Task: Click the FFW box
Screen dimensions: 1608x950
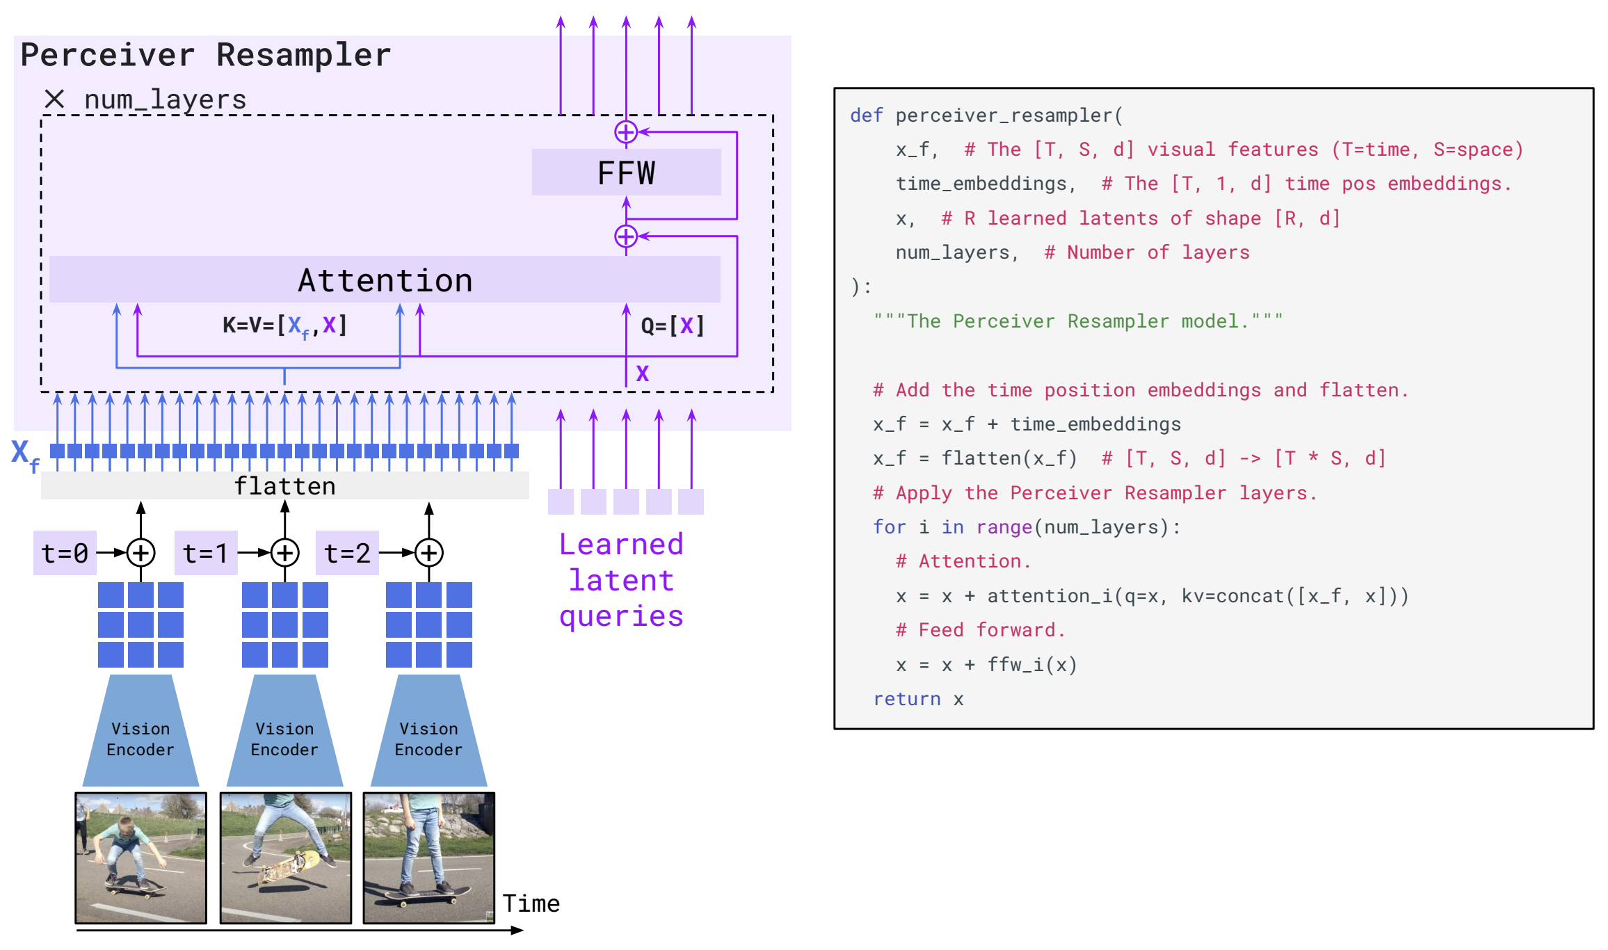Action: (626, 172)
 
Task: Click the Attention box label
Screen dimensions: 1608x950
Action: (385, 280)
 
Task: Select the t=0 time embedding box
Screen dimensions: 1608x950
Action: (65, 553)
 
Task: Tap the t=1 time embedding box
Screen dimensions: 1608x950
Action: (206, 553)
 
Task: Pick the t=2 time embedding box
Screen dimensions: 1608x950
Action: (347, 553)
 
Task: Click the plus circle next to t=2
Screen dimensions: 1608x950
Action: (429, 553)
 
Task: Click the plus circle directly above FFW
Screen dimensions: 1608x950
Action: (626, 131)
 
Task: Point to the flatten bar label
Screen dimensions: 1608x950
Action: (284, 485)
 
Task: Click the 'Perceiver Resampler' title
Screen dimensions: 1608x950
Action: (206, 55)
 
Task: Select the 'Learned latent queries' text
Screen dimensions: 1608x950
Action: (622, 581)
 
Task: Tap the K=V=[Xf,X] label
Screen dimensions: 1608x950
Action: (284, 325)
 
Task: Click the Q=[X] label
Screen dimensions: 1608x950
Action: (673, 325)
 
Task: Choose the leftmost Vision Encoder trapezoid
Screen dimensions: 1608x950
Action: (140, 730)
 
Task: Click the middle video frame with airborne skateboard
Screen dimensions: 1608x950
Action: (286, 858)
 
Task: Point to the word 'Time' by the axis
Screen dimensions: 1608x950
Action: (531, 903)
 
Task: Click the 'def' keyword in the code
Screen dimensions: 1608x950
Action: (867, 115)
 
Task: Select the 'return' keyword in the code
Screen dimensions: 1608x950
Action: (907, 699)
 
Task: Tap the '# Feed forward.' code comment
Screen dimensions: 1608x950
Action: (981, 630)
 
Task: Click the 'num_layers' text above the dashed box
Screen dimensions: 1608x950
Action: (166, 99)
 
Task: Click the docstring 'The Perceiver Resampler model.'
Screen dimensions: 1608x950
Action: (1078, 321)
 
